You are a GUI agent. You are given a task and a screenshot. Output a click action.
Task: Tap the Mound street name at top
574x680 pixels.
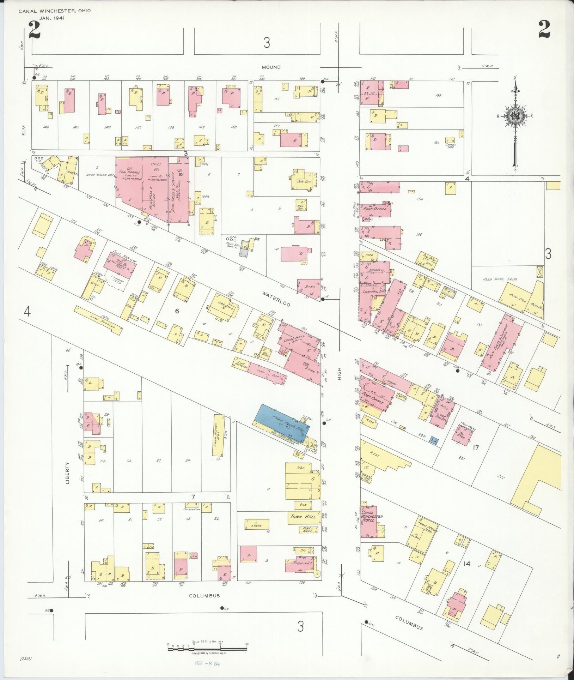point(271,67)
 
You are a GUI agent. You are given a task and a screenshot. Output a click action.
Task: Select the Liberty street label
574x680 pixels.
point(68,473)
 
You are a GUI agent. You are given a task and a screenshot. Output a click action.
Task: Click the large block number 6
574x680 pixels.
point(177,311)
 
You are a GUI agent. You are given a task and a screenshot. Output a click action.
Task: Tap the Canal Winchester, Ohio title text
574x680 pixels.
point(55,11)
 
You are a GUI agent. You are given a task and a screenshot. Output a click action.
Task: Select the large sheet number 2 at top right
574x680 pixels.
point(544,30)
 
